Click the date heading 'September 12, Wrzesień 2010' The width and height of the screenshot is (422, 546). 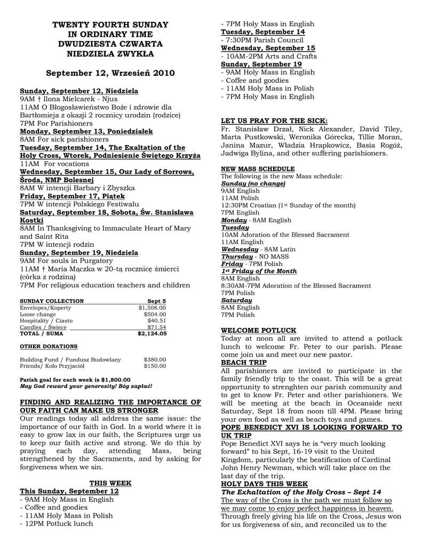[x=110, y=73]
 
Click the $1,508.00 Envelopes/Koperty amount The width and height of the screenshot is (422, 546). [x=152, y=308]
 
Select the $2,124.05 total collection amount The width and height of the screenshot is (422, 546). [x=152, y=334]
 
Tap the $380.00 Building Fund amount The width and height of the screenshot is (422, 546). [x=155, y=359]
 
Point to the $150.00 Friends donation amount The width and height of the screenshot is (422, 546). [x=155, y=366]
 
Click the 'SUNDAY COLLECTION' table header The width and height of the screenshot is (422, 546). [x=52, y=301]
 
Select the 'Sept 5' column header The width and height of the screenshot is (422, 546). [x=156, y=301]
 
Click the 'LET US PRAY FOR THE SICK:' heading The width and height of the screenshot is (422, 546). [x=274, y=121]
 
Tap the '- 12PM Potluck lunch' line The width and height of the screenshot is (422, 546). [x=56, y=524]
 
